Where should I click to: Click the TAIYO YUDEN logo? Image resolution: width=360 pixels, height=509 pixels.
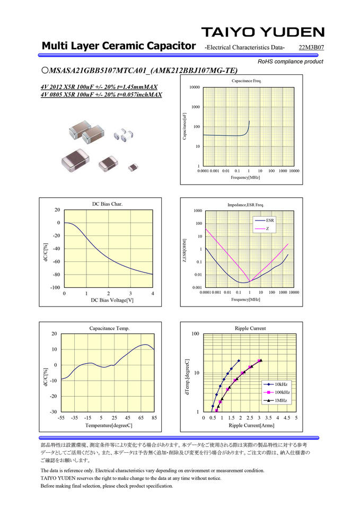262,32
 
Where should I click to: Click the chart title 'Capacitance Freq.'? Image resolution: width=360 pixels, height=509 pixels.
247,81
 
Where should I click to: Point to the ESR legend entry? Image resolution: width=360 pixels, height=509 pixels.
270,220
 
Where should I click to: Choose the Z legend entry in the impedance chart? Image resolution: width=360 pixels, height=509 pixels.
268,229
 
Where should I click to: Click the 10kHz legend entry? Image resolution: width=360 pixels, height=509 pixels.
282,384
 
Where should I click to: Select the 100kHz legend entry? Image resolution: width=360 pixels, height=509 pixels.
283,392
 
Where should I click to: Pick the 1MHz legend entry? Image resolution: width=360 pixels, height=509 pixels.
280,400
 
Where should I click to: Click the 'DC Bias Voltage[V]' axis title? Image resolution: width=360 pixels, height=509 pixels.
109,301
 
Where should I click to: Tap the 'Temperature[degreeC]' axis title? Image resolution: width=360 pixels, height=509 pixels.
108,425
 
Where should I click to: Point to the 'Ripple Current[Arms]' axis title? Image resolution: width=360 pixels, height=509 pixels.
251,425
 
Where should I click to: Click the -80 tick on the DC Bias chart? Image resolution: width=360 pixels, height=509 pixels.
56,275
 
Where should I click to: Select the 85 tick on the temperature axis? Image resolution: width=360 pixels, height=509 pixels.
154,418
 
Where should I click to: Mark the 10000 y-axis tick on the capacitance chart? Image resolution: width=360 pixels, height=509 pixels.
194,87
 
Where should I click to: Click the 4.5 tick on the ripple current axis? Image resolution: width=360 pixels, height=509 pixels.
287,418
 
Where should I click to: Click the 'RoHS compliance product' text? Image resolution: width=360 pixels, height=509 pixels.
290,62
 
